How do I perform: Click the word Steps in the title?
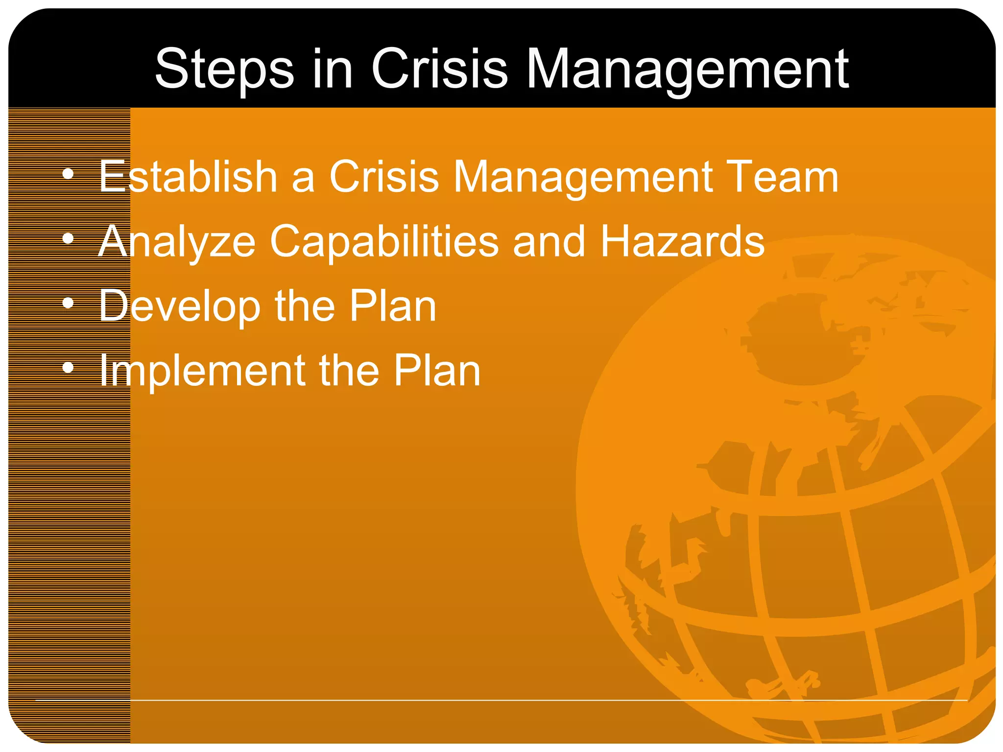(224, 70)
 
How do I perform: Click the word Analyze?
(177, 242)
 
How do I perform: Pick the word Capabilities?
(384, 242)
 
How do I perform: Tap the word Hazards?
(682, 241)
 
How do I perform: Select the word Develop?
(179, 306)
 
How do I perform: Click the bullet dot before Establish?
(68, 174)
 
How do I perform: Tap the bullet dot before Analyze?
(68, 238)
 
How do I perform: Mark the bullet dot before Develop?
(68, 303)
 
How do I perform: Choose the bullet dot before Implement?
(68, 367)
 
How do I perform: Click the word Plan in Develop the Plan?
(392, 305)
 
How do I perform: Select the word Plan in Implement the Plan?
(437, 371)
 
